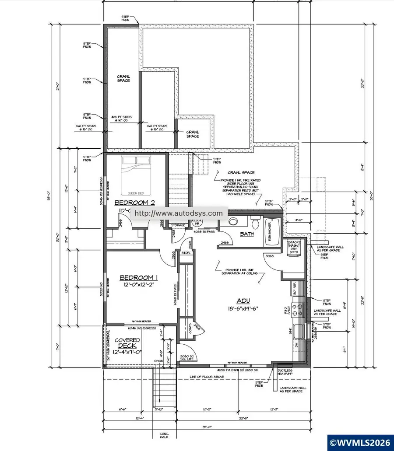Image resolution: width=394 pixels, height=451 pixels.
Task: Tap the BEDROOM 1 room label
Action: tap(138, 277)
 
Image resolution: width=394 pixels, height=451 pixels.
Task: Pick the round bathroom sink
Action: tap(232, 221)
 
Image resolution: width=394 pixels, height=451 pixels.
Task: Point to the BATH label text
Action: tap(247, 234)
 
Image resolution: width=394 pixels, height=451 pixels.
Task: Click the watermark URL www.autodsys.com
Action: tap(179, 213)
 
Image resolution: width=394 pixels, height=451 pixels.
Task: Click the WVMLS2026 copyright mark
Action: tap(361, 443)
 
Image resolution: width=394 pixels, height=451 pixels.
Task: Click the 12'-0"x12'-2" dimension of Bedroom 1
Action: tap(138, 285)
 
